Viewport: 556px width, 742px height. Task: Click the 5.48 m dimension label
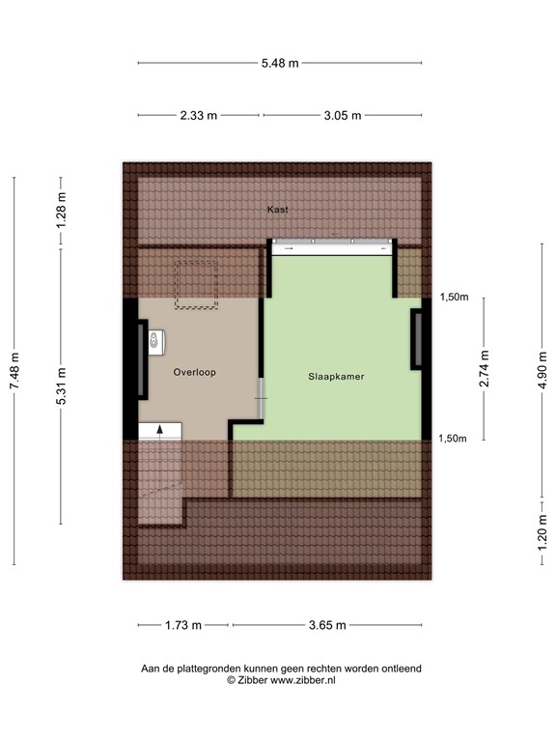pyautogui.click(x=280, y=63)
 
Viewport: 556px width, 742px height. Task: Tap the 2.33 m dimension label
pyautogui.click(x=198, y=115)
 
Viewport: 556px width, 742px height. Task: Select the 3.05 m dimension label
pyautogui.click(x=342, y=115)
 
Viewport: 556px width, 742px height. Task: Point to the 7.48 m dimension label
pyautogui.click(x=14, y=371)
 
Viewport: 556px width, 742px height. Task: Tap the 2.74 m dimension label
pyautogui.click(x=484, y=372)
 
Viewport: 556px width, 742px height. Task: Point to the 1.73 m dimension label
pyautogui.click(x=183, y=625)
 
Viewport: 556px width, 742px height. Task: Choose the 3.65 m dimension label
pyautogui.click(x=326, y=625)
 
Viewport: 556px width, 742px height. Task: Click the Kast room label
pyautogui.click(x=278, y=209)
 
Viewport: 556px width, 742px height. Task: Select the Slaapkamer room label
pyautogui.click(x=336, y=377)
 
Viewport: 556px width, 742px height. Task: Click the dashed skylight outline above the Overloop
pyautogui.click(x=197, y=286)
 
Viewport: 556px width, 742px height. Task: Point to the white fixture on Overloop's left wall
pyautogui.click(x=154, y=340)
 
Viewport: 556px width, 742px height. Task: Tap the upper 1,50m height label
pyautogui.click(x=454, y=298)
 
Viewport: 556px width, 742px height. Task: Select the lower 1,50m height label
pyautogui.click(x=454, y=439)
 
